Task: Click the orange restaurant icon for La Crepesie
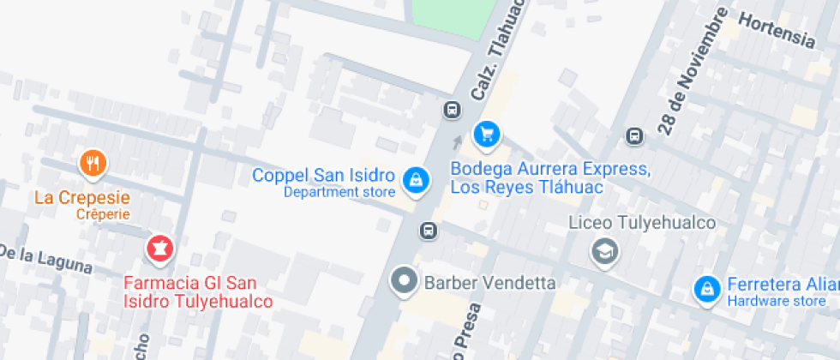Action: point(93,163)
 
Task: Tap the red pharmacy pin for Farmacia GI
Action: point(159,249)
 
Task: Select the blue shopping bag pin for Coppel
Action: point(416,180)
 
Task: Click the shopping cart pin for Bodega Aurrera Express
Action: point(487,134)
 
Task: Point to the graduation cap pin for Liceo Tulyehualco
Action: point(605,251)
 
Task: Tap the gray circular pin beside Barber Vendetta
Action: point(403,281)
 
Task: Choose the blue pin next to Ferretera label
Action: point(706,289)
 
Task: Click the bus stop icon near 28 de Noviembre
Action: point(634,135)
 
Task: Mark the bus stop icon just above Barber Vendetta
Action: point(428,231)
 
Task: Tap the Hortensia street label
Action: point(776,27)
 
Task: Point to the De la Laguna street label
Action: point(45,258)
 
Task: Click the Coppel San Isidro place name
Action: point(323,175)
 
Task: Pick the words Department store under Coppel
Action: point(339,192)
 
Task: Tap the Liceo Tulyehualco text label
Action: point(642,223)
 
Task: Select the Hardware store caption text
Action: point(777,301)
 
